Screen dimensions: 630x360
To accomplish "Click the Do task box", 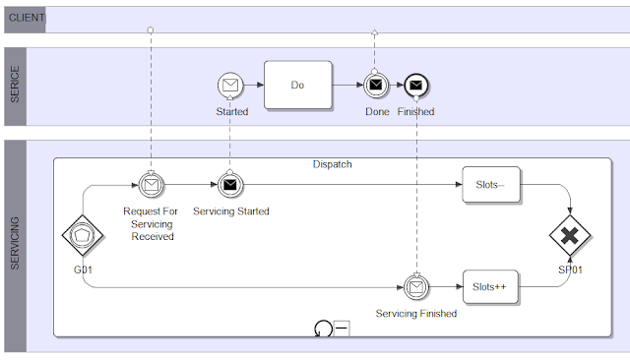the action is click(298, 85).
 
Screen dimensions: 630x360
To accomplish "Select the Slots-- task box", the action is click(491, 185).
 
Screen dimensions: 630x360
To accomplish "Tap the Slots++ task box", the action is click(490, 287).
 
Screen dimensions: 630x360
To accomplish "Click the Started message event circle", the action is click(230, 86).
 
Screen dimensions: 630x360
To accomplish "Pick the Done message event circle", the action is click(376, 86).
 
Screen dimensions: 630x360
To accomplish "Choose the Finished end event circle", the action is click(416, 86).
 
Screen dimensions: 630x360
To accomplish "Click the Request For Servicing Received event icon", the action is click(151, 185).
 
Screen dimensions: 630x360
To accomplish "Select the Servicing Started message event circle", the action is click(230, 185).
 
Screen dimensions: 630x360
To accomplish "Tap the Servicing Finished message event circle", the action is click(416, 287).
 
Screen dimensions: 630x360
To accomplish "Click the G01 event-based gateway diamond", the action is click(83, 235).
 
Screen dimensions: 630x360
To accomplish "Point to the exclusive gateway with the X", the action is click(570, 236).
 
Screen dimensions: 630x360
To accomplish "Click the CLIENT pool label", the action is click(27, 18).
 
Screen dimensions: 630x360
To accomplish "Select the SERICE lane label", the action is click(15, 85).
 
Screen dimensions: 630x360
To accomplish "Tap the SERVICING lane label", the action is click(15, 243).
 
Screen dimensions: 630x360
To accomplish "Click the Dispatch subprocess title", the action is click(333, 164).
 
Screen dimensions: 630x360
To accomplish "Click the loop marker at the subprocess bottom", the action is click(324, 329).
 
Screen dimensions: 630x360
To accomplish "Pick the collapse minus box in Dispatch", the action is click(342, 329).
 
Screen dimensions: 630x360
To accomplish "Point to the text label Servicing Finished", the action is click(416, 314).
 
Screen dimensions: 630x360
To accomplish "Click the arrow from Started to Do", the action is click(254, 85).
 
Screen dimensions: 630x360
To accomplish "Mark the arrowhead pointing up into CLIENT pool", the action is click(374, 32).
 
